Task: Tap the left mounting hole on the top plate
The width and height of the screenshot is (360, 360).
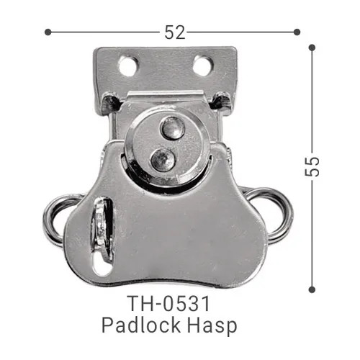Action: (127, 67)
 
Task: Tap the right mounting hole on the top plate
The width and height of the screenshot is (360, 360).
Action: (202, 67)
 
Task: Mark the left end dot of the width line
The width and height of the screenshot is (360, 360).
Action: (48, 32)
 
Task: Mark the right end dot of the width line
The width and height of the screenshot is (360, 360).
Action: (296, 32)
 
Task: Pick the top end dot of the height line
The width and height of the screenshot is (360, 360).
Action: (312, 48)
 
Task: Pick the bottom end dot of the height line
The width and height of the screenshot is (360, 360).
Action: (312, 289)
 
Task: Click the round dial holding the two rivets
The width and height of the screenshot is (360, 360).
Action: (167, 144)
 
